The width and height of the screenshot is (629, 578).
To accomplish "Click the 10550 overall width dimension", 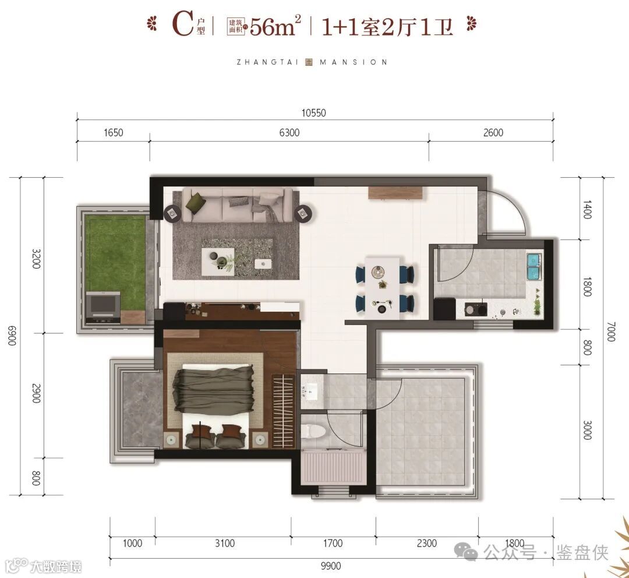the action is click(x=314, y=113).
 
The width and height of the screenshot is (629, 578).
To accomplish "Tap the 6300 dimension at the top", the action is click(x=289, y=132).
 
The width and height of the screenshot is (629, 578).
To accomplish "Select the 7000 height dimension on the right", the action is click(x=610, y=332).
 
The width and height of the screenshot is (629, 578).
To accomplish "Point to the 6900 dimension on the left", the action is click(x=12, y=336).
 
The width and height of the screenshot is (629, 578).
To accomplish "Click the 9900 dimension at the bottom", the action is click(x=331, y=566).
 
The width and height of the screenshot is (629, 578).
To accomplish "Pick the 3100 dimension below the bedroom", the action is click(x=224, y=543).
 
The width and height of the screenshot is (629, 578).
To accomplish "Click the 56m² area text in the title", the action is click(x=275, y=26).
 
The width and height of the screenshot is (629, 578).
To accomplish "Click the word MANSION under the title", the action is click(x=354, y=62).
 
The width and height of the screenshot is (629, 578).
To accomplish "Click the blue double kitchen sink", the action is click(x=534, y=266).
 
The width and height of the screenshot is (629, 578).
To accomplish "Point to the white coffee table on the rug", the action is click(x=218, y=261).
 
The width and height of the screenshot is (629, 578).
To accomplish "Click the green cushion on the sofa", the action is click(x=195, y=199).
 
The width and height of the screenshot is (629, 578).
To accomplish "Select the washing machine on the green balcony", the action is click(x=103, y=308).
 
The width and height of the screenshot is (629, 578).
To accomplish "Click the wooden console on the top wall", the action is click(x=396, y=193).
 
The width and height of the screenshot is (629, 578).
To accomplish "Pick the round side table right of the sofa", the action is click(x=303, y=213).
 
